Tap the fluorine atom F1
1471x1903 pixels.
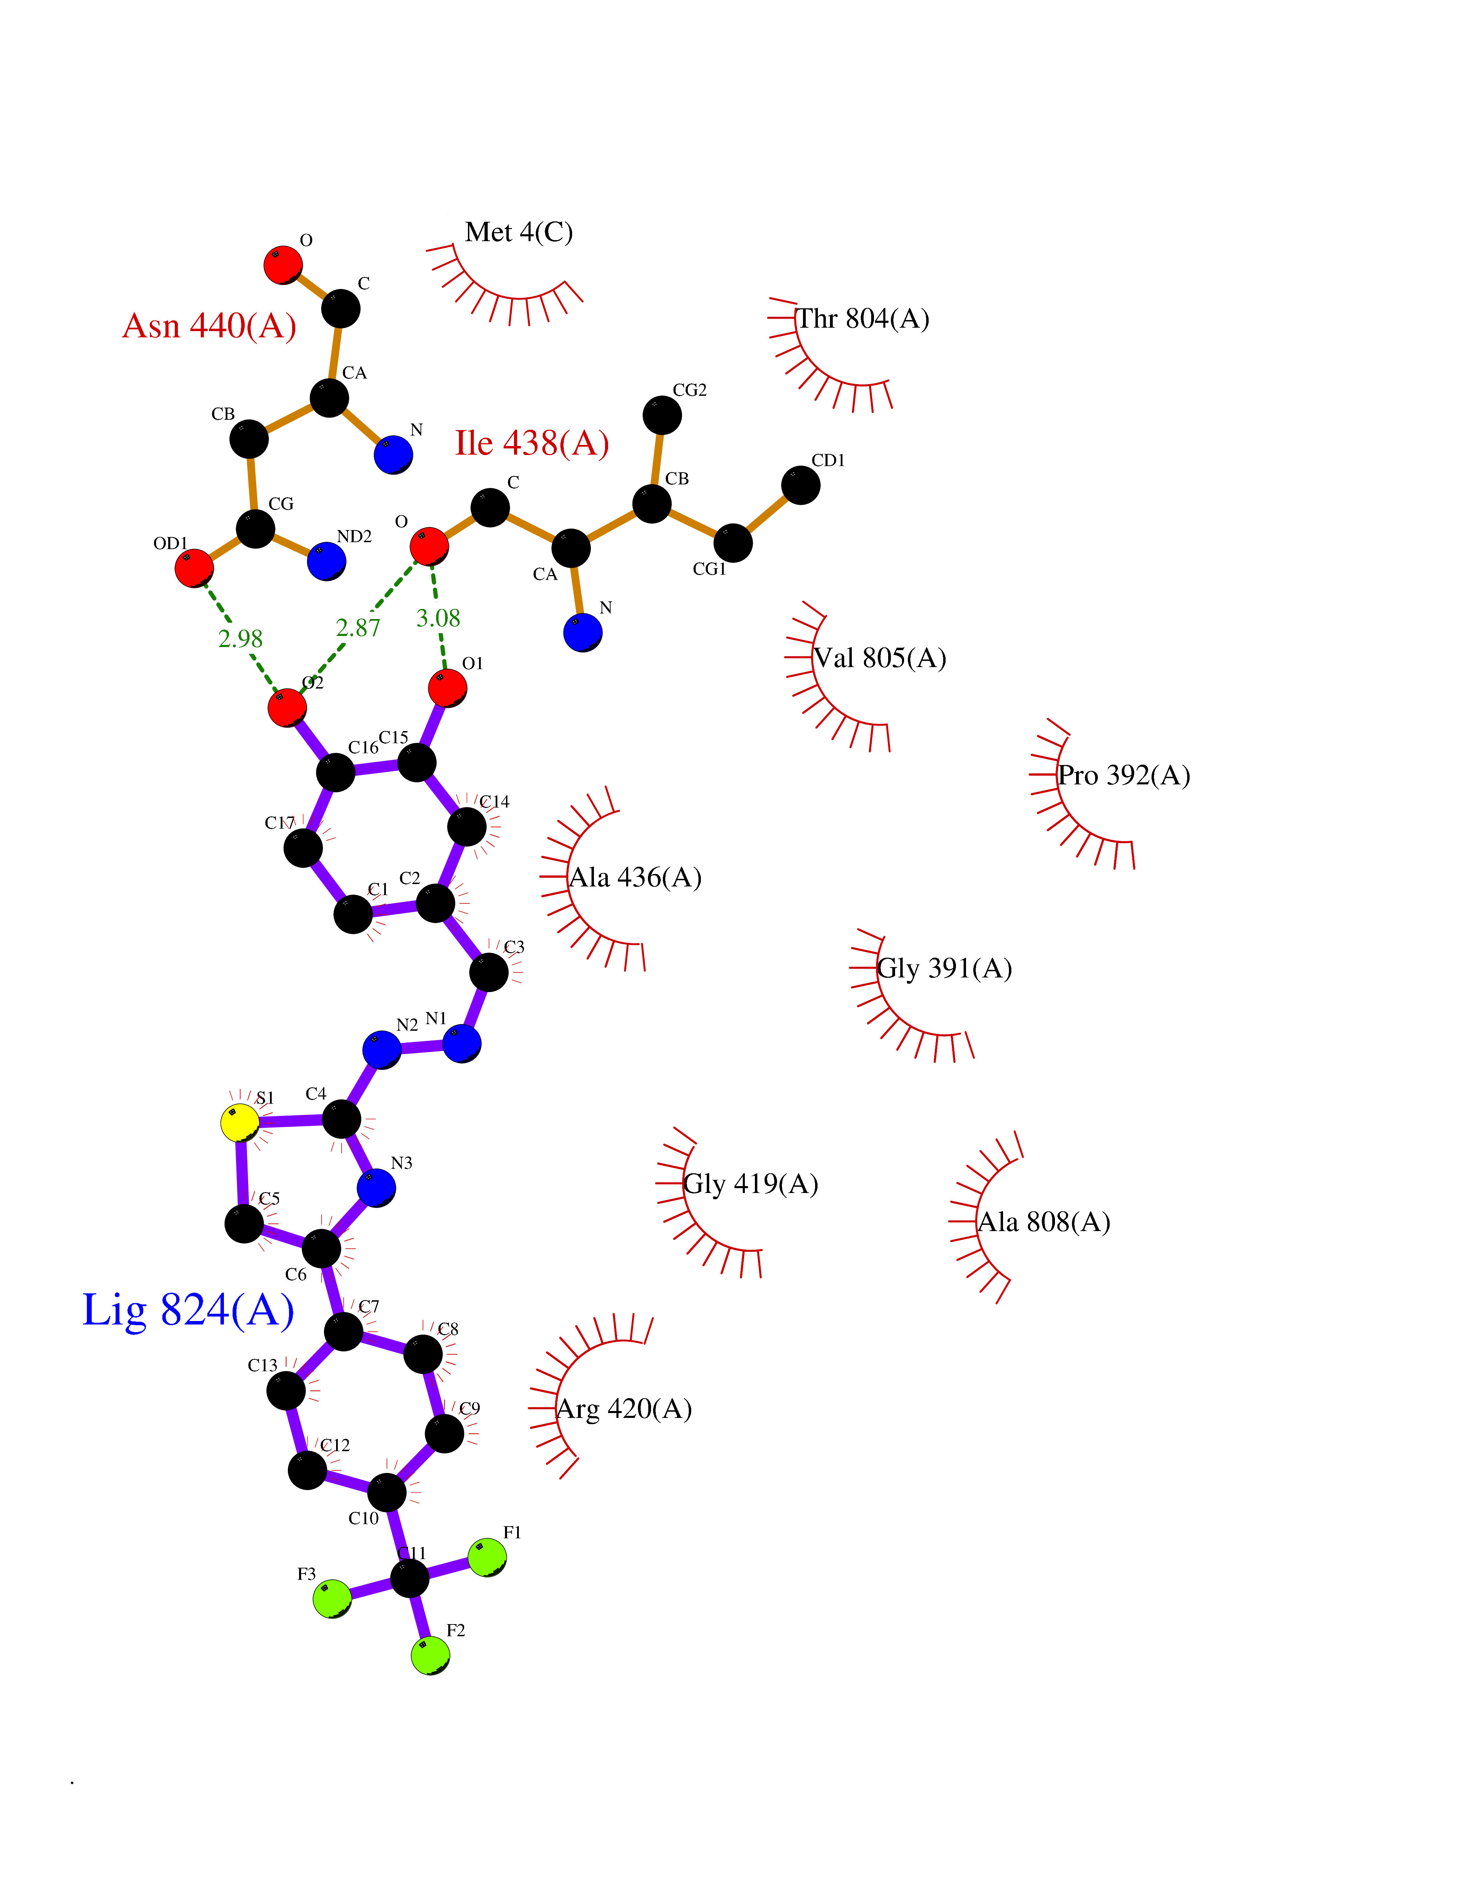tap(487, 1557)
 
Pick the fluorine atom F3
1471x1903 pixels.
tap(333, 1599)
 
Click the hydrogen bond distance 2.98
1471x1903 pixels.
tap(241, 639)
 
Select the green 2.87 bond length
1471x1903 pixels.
tap(358, 627)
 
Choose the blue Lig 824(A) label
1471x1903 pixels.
tap(188, 1310)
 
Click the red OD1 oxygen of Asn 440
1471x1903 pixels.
tap(194, 568)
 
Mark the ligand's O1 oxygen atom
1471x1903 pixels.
tap(447, 688)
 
